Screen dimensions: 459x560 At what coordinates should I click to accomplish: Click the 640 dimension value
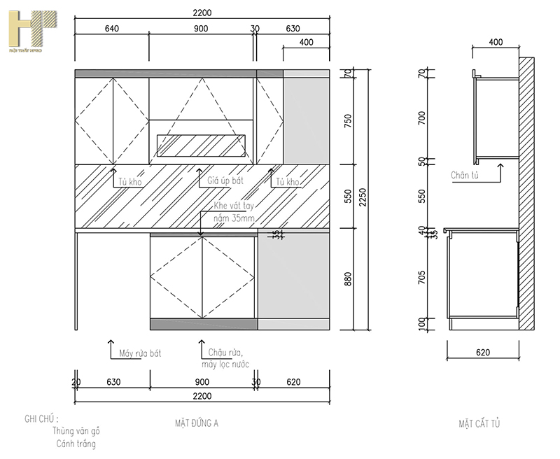coord(112,29)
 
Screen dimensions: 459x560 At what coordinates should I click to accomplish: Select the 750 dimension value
coord(348,120)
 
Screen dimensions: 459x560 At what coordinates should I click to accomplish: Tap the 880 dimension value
coord(348,279)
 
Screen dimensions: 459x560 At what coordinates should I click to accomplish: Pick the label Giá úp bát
coord(225,181)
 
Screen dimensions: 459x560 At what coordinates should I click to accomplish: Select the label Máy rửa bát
coord(140,354)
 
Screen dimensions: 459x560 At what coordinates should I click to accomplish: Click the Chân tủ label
coord(464,176)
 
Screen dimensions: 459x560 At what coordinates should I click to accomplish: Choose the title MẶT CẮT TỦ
coord(479,423)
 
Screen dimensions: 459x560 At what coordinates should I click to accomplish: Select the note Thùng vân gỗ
coord(76,431)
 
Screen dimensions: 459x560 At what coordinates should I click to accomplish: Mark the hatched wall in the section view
coord(526,196)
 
